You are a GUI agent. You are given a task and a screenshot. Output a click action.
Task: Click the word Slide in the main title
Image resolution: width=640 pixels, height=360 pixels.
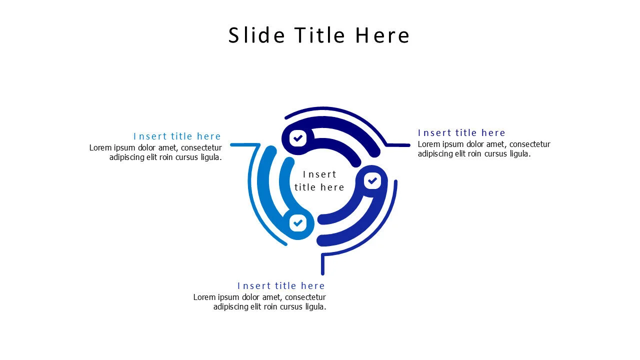point(256,35)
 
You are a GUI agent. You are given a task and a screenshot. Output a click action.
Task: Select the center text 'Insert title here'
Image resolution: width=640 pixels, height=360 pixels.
point(319,180)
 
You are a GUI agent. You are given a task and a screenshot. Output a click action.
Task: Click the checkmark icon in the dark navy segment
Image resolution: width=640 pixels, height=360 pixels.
point(298,138)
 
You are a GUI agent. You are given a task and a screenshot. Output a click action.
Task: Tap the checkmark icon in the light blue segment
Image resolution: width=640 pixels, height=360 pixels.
point(298,223)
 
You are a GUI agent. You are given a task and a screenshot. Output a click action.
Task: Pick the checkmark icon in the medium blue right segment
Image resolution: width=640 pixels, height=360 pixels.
point(372,181)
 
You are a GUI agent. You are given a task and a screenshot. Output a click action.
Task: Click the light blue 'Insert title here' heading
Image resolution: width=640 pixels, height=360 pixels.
point(177,136)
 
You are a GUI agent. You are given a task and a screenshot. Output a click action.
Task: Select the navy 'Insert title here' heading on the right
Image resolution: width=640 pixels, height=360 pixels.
point(461,133)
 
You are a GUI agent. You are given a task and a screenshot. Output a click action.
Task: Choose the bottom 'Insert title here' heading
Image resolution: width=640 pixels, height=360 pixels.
point(281,286)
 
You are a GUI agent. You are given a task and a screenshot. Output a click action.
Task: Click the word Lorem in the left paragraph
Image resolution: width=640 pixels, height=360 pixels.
point(99,148)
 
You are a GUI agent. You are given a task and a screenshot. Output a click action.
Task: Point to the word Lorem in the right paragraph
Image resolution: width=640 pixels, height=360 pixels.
point(428,144)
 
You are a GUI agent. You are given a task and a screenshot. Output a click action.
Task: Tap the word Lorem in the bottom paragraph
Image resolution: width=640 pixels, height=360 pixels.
point(203,297)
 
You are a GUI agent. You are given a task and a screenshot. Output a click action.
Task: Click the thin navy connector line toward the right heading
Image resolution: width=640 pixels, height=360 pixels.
point(398,145)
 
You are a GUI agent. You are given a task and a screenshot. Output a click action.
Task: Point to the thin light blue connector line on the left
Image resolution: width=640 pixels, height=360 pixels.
point(244,145)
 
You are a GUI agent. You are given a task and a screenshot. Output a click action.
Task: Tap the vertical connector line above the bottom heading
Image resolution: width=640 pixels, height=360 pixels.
point(322,264)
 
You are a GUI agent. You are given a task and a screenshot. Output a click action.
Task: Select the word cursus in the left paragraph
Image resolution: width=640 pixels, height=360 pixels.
point(187,157)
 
